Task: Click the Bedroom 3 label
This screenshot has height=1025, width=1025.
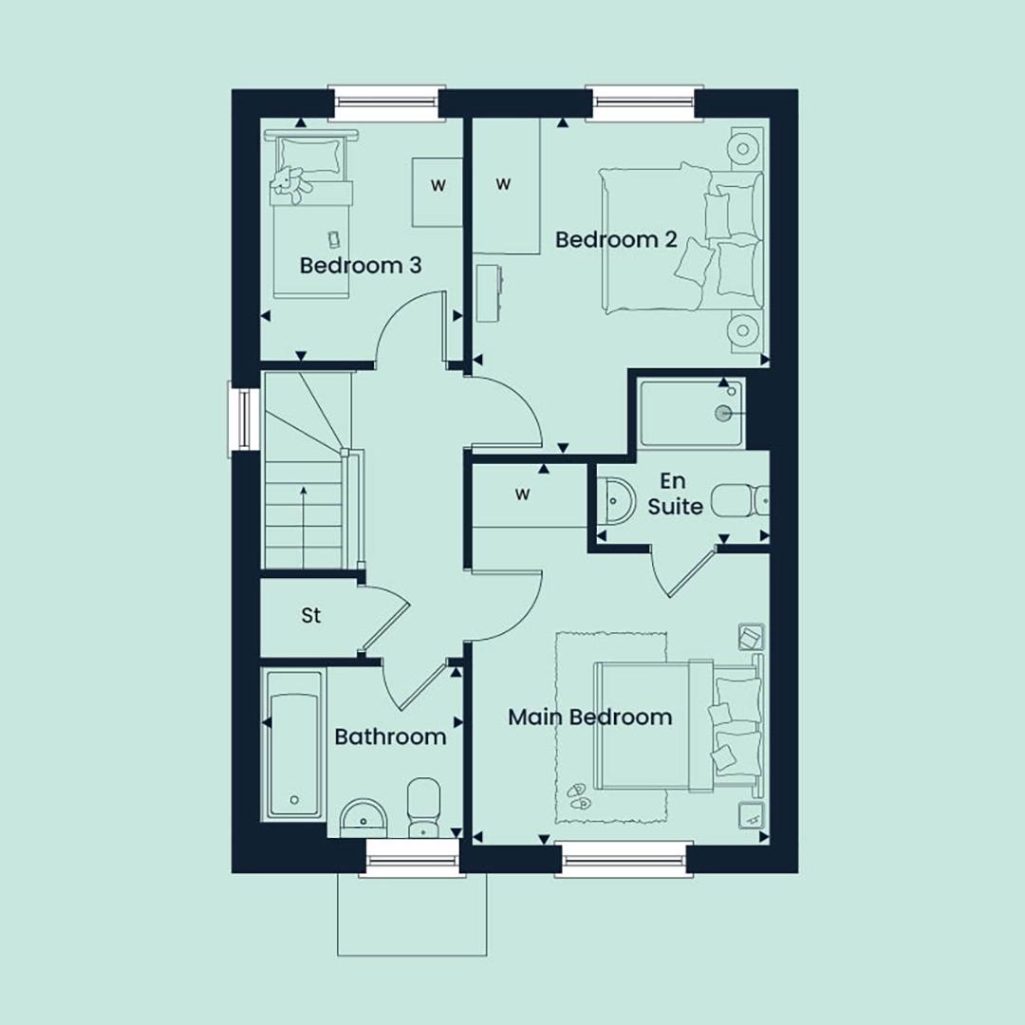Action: pos(361,266)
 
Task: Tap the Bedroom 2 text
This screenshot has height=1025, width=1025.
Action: pos(616,239)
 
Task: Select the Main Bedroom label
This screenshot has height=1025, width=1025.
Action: pos(589,717)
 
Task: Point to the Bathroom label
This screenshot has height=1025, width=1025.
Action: pos(390,736)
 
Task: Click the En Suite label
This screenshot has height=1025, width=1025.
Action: pos(675,494)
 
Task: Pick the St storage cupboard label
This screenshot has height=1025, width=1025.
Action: pos(311,615)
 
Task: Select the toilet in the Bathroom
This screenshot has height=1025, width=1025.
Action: pos(423,808)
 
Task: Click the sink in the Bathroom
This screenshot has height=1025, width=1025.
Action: pos(364,818)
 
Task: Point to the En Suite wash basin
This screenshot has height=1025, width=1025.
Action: pos(614,501)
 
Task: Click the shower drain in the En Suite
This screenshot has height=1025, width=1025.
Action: pos(723,413)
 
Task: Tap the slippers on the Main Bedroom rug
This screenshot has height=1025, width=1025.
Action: pos(578,795)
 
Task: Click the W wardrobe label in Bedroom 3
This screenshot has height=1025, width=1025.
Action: pos(438,186)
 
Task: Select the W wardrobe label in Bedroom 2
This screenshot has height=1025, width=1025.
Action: pos(503,184)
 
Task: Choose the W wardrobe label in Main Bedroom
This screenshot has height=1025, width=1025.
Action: pos(522,494)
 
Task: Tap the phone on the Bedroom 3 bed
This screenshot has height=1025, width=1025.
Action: pos(333,238)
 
